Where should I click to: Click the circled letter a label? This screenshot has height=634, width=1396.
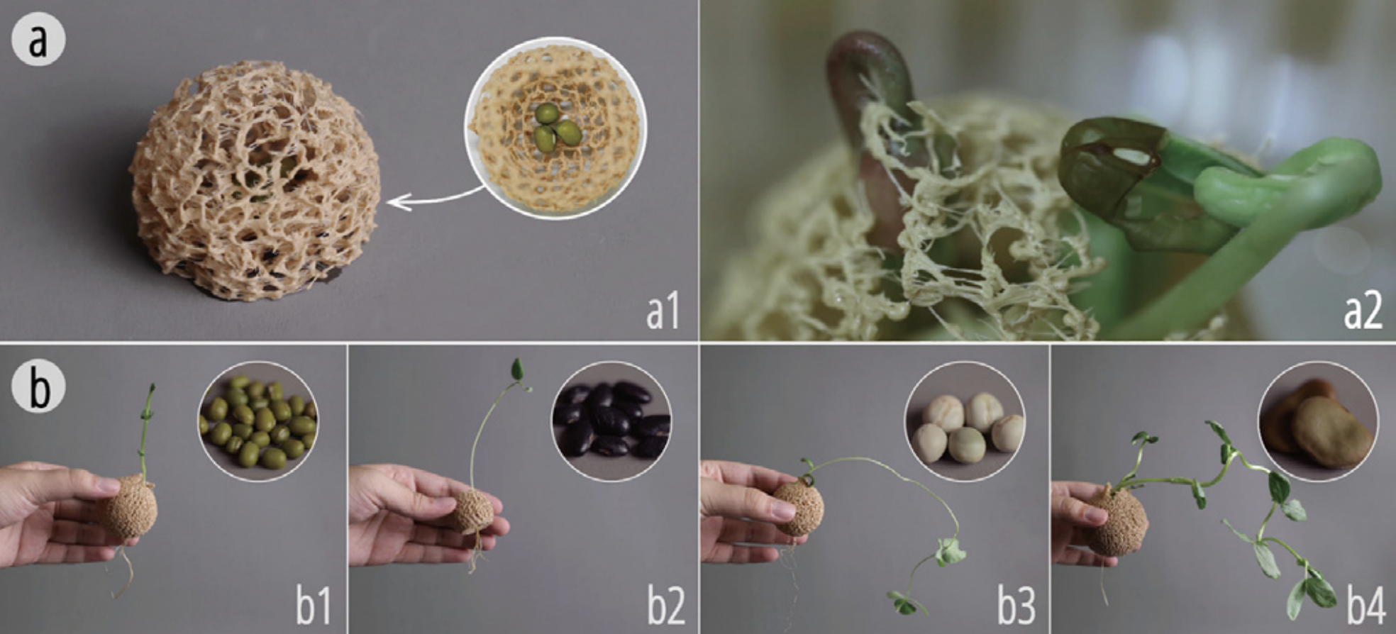tap(38, 40)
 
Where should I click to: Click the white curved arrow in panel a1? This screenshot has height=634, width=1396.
tap(433, 199)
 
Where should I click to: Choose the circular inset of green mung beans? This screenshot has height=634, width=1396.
tap(257, 422)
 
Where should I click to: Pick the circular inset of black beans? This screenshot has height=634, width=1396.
tap(611, 422)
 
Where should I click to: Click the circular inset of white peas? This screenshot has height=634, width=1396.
tap(964, 422)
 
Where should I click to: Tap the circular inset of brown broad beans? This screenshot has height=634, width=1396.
tap(1317, 422)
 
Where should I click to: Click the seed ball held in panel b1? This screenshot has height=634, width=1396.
tap(128, 506)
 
